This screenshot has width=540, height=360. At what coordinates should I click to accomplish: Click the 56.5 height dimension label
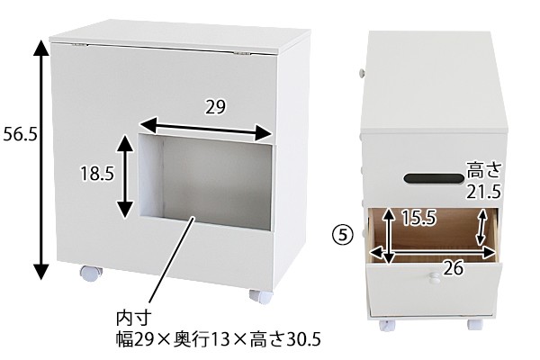19,134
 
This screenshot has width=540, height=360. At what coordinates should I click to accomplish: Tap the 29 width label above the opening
214,108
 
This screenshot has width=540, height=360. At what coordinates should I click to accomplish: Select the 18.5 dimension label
96,173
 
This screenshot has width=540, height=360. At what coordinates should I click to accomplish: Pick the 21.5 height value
482,191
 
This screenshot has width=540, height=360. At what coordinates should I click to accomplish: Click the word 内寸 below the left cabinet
132,318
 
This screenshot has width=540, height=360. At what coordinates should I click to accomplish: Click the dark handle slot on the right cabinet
431,179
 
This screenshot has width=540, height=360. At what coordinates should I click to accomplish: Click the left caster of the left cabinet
88,272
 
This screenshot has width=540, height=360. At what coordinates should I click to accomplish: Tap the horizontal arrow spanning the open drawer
437,255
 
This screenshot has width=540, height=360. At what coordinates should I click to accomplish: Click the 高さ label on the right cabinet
482,169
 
